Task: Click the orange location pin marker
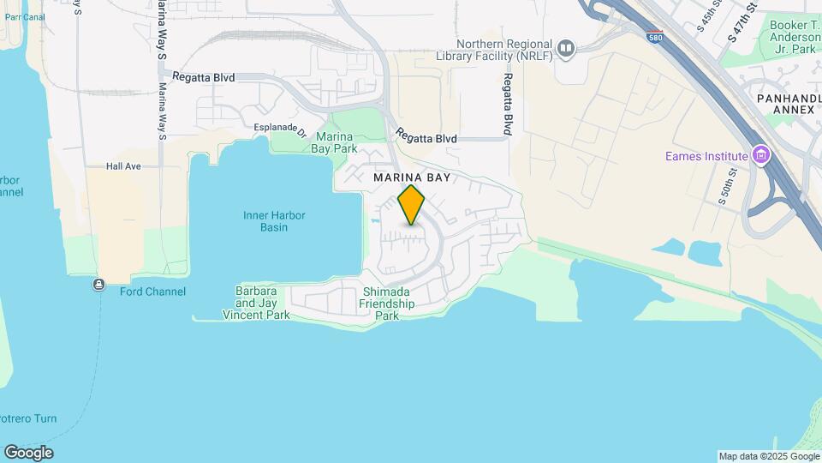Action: click(412, 205)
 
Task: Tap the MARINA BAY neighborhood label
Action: click(412, 177)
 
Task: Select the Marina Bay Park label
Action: click(337, 142)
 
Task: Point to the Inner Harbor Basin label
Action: click(274, 221)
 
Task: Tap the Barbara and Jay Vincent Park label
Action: click(256, 303)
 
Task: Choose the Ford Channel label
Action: click(152, 292)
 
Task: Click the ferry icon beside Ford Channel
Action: click(100, 285)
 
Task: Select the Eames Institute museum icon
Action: click(759, 156)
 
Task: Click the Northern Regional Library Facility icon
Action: click(565, 50)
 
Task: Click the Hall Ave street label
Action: click(123, 166)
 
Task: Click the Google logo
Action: click(28, 453)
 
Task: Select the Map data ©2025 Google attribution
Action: click(769, 456)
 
